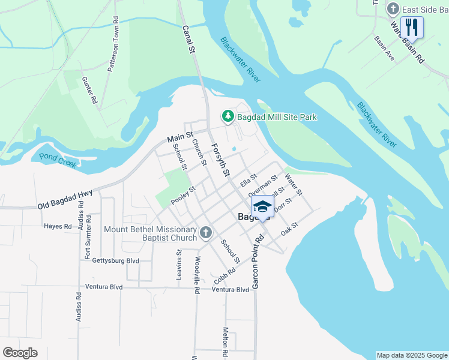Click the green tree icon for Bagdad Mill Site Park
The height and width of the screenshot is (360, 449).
228,116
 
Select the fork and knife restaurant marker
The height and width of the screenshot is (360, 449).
412,27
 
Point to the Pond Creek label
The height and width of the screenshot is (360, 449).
58,160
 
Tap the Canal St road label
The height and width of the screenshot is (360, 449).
189,40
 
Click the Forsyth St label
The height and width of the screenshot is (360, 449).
220,160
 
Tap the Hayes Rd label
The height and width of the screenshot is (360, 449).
58,227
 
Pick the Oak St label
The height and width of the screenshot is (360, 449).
289,229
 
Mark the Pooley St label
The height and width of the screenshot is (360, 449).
183,196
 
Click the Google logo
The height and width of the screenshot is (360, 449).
20,353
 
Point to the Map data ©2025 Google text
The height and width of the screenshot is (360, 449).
412,355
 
